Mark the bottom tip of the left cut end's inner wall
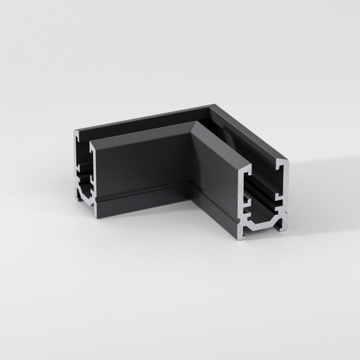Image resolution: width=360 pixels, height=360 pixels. click(94, 214)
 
